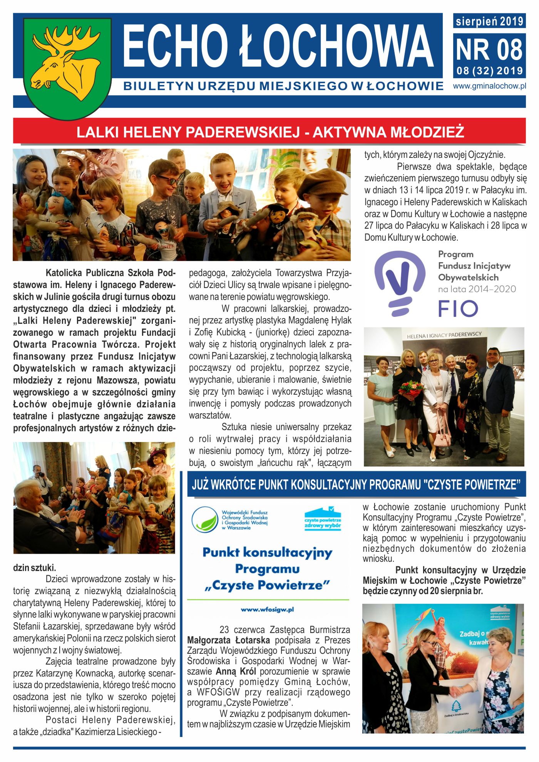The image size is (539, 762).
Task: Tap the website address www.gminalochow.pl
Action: pyautogui.click(x=489, y=86)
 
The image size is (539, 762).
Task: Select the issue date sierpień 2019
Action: pyautogui.click(x=489, y=21)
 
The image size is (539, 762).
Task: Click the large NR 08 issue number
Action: pyautogui.click(x=489, y=50)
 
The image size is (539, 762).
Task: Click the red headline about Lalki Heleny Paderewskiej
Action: pyautogui.click(x=269, y=132)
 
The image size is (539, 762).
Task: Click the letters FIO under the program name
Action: pyautogui.click(x=458, y=309)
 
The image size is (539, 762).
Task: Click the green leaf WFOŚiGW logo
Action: pyautogui.click(x=205, y=519)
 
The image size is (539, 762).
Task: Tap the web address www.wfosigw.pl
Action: pyautogui.click(x=267, y=610)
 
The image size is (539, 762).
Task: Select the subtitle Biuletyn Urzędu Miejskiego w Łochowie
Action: pyautogui.click(x=283, y=86)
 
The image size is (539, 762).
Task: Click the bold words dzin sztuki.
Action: pyautogui.click(x=34, y=568)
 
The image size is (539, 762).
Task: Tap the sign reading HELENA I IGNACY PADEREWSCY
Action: pyautogui.click(x=444, y=335)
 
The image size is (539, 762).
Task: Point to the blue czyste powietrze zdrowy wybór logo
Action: pyautogui.click(x=323, y=519)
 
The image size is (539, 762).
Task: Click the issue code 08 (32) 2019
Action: pyautogui.click(x=489, y=71)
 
